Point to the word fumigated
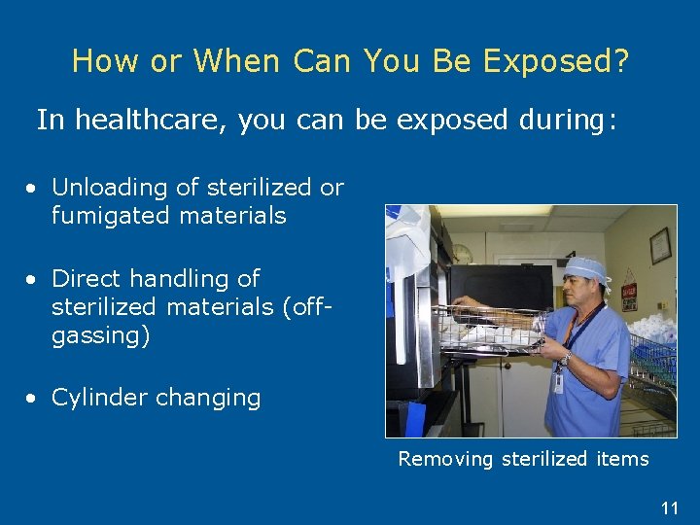coord(108,215)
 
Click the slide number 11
coord(669,507)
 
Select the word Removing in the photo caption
coord(445,459)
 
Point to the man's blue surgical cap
coord(586,268)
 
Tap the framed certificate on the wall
coord(661,245)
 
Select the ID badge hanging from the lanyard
coord(558,381)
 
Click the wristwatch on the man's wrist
coord(565,358)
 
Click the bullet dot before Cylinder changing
coord(33,399)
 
